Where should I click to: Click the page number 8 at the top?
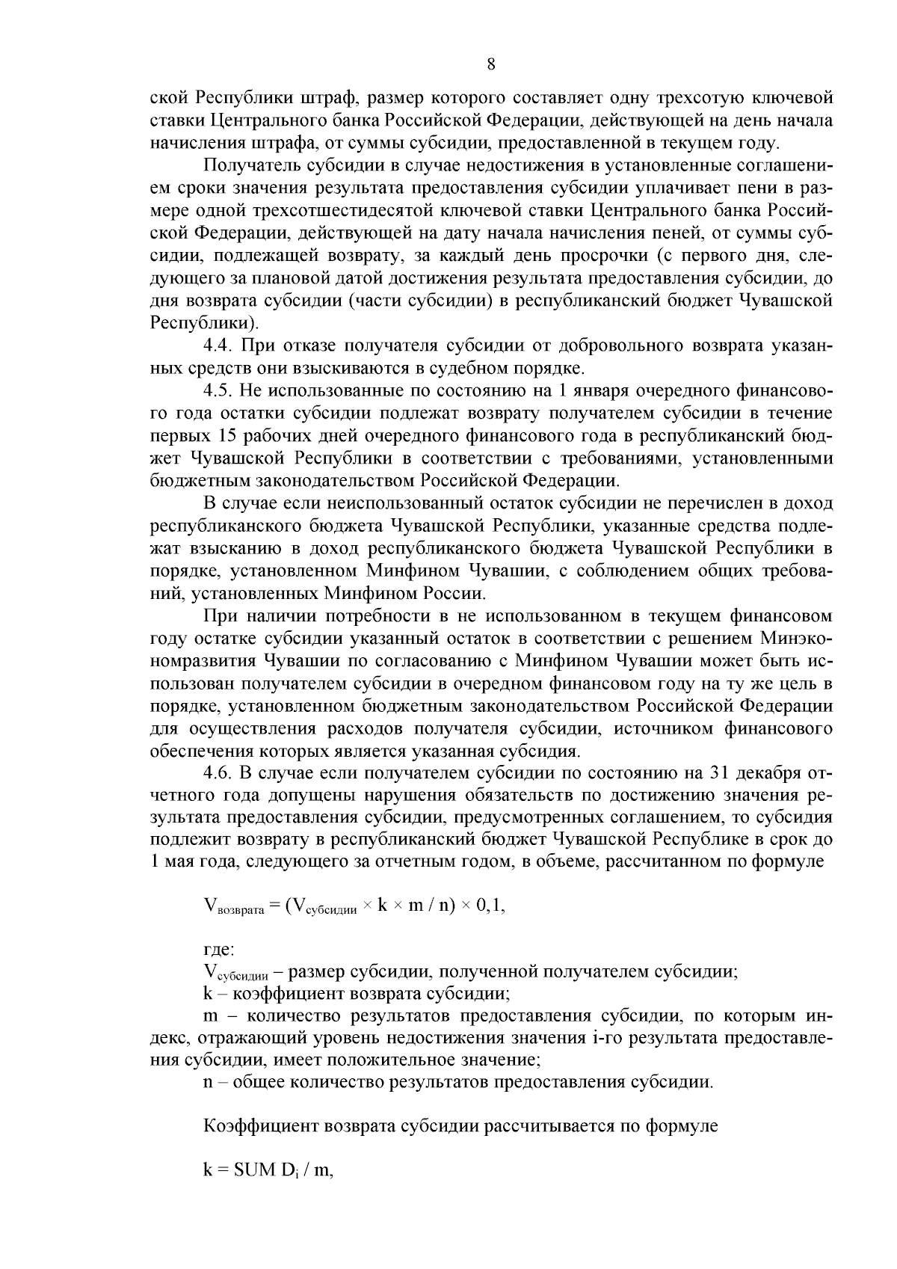tap(491, 64)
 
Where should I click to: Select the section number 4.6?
tap(219, 773)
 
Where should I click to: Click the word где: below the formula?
tap(219, 950)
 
